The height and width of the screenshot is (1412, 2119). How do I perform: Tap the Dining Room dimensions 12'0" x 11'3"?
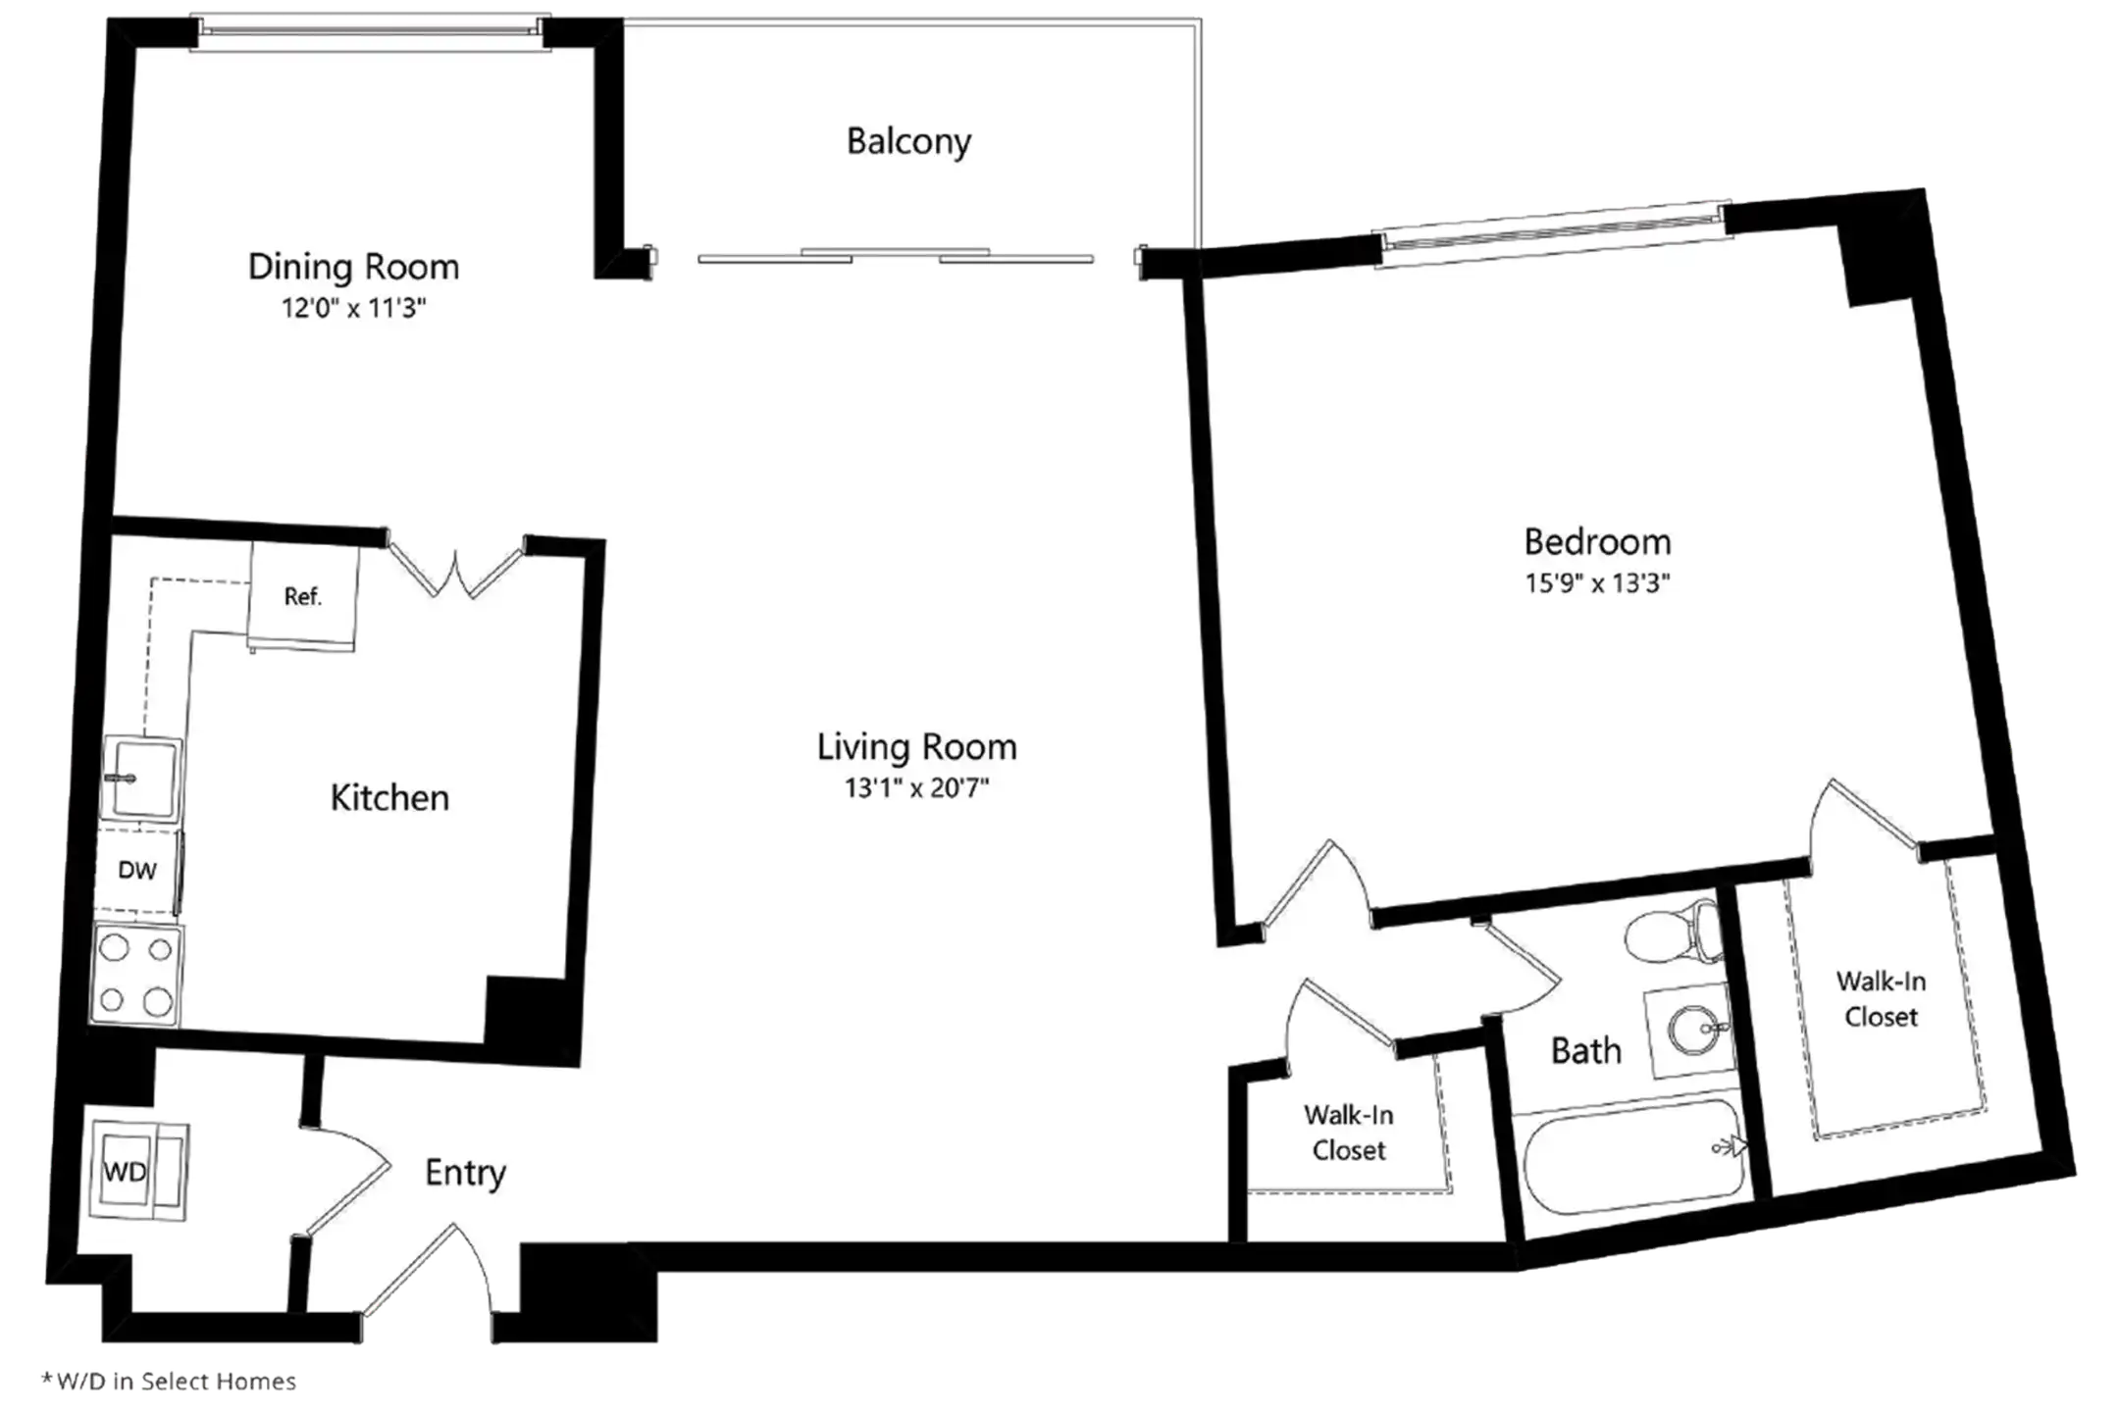click(x=354, y=309)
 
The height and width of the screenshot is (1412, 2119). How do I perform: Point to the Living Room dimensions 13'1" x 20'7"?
click(x=917, y=788)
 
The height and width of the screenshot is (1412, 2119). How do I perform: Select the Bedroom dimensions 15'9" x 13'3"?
click(x=1597, y=583)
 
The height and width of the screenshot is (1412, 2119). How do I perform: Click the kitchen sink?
click(x=142, y=779)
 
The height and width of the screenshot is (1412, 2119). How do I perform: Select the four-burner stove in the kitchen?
click(x=136, y=975)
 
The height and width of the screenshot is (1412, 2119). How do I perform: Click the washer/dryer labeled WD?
click(x=136, y=1172)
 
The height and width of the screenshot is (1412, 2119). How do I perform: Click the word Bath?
click(x=1585, y=1051)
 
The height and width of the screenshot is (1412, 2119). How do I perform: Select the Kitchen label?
click(x=389, y=798)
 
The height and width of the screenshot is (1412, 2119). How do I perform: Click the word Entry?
click(x=465, y=1174)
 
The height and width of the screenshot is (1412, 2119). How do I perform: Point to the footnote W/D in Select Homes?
click(x=169, y=1382)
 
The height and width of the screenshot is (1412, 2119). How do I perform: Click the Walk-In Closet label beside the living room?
click(x=1349, y=1133)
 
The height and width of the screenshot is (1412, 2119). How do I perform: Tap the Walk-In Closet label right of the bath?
click(x=1881, y=999)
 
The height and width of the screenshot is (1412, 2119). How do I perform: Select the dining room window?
click(x=370, y=31)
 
